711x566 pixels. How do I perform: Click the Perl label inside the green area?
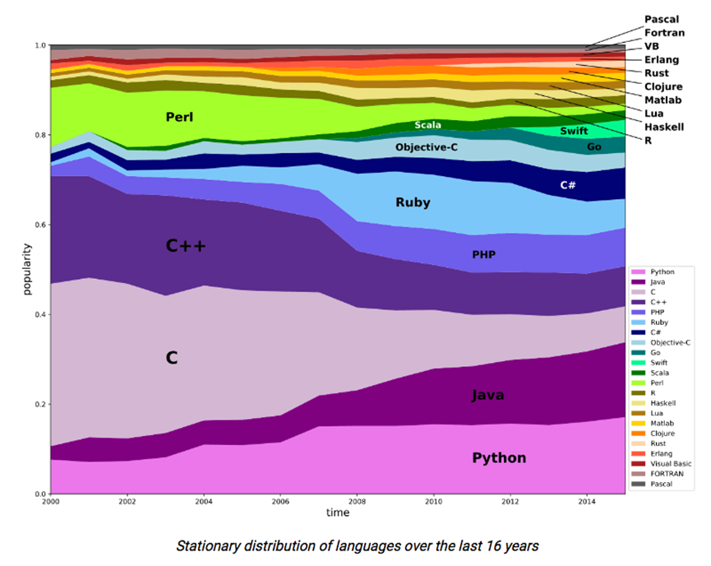[x=178, y=117]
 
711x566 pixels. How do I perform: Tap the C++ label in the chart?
[x=186, y=245]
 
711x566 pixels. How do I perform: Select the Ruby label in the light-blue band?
[x=413, y=202]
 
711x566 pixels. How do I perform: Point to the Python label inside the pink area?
[x=499, y=458]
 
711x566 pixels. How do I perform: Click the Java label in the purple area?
[x=487, y=396]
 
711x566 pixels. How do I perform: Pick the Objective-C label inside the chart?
[x=426, y=148]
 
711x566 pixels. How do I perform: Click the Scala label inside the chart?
[x=427, y=125]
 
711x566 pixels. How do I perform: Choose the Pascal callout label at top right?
[x=662, y=19]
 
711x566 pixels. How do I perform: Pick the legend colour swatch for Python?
[x=638, y=271]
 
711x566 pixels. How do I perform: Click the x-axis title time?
[x=337, y=513]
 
